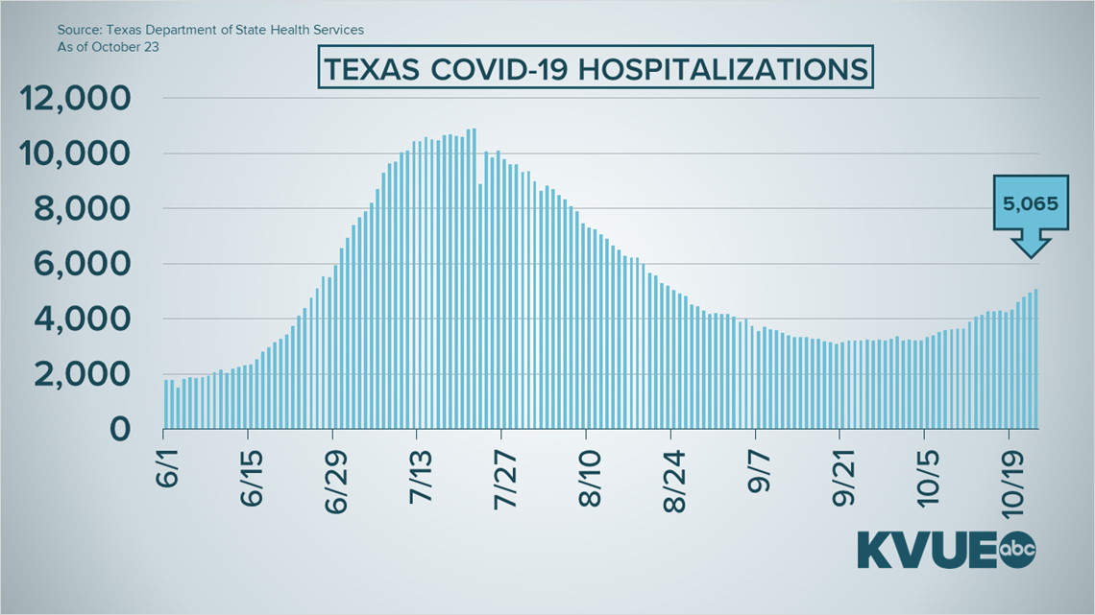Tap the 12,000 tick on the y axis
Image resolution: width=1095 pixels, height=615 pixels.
click(73, 98)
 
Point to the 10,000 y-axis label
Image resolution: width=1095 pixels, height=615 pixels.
click(73, 154)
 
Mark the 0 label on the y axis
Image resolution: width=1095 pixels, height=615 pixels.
click(118, 429)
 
